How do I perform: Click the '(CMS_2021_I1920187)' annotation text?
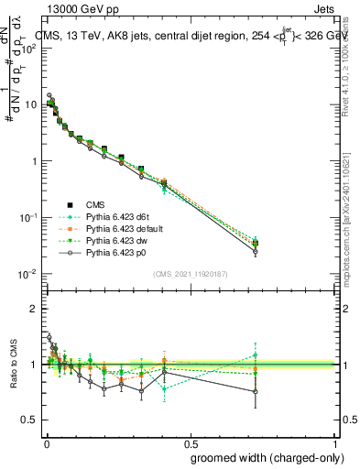click(191, 273)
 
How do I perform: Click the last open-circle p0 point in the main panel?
click(256, 252)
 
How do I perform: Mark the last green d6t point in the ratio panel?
click(256, 355)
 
